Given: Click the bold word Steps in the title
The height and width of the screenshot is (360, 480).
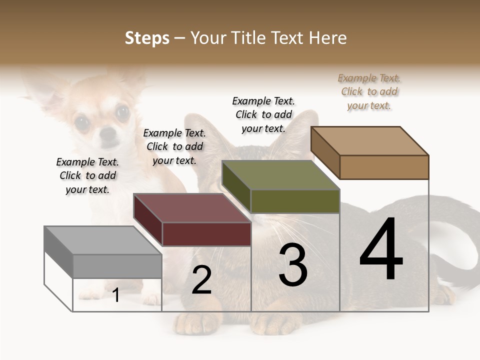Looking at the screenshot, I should click(147, 38).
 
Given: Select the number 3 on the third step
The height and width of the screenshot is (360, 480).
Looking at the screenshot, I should click(293, 265).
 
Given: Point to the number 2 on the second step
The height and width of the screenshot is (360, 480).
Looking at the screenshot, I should click(201, 280).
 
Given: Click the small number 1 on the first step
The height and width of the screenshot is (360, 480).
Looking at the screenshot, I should click(116, 295).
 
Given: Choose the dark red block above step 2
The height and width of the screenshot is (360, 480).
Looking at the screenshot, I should click(192, 220).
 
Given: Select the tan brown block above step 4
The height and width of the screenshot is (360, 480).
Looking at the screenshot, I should click(370, 152).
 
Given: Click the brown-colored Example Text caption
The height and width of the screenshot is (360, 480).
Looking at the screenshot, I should click(369, 92).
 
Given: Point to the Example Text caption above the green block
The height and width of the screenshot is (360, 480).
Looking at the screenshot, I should click(263, 114).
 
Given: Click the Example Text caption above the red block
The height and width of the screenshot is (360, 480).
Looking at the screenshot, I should click(174, 146).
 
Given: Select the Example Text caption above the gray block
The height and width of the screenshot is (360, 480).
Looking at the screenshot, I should click(87, 175).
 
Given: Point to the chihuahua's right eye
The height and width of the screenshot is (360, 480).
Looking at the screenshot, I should click(122, 112).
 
